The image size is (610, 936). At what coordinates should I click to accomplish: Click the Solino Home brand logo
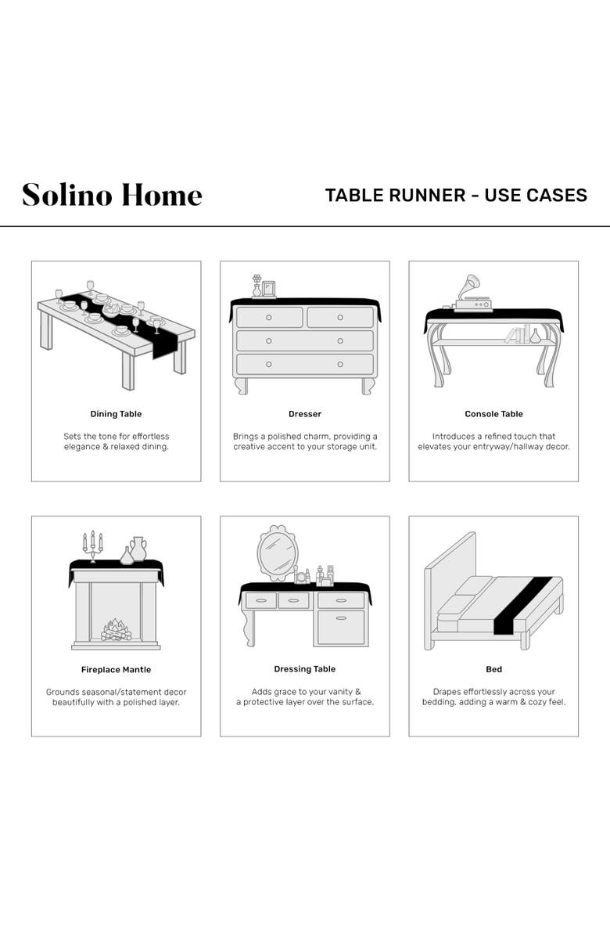pyautogui.click(x=112, y=195)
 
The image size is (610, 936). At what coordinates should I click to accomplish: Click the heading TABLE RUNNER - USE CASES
pyautogui.click(x=456, y=195)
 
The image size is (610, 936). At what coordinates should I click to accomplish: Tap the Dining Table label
pyautogui.click(x=116, y=414)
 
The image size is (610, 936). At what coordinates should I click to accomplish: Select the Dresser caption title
pyautogui.click(x=304, y=414)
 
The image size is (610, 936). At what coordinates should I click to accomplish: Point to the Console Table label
pyautogui.click(x=493, y=414)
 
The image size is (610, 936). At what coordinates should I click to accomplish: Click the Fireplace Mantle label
pyautogui.click(x=116, y=670)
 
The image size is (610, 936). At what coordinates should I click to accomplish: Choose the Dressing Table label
pyautogui.click(x=304, y=669)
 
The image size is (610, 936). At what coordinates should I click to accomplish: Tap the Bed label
pyautogui.click(x=493, y=670)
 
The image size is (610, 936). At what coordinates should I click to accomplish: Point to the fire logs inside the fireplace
pyautogui.click(x=116, y=630)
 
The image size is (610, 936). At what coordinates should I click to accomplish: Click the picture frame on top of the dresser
pyautogui.click(x=269, y=289)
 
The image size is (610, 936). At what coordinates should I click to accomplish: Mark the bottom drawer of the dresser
pyautogui.click(x=304, y=364)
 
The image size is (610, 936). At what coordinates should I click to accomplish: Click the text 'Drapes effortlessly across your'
pyautogui.click(x=493, y=692)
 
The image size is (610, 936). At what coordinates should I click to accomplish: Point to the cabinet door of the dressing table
pyautogui.click(x=340, y=627)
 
